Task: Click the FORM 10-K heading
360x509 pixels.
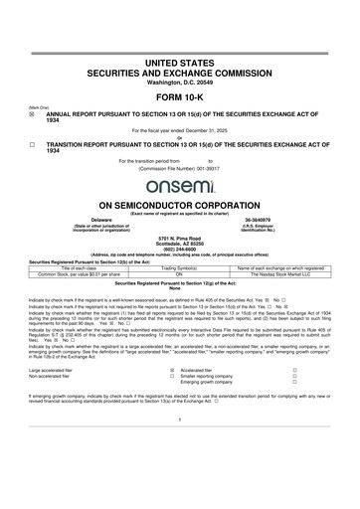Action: pos(179,102)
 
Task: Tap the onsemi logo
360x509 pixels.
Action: pos(179,186)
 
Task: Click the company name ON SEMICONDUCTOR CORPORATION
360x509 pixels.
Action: pos(179,203)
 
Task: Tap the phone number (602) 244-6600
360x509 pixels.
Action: pos(179,249)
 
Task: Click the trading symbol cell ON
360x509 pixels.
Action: pos(179,273)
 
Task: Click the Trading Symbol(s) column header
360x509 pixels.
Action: pos(179,267)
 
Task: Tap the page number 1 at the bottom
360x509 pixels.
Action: pos(179,446)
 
